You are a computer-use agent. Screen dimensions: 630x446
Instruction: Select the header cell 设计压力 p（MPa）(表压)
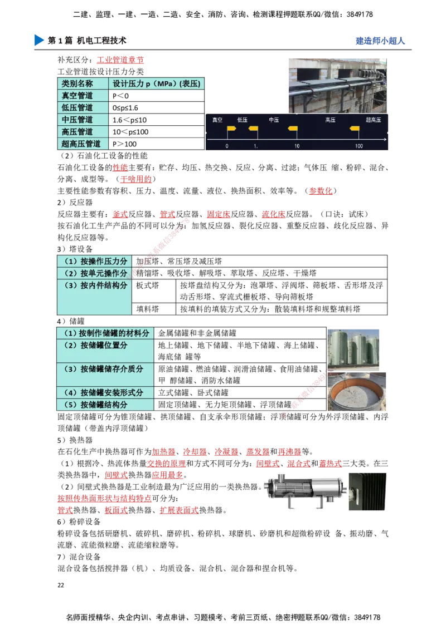click(x=157, y=83)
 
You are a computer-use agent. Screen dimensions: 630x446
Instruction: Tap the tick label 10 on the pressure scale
click(x=297, y=146)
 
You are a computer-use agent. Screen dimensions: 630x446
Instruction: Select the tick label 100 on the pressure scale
click(x=358, y=146)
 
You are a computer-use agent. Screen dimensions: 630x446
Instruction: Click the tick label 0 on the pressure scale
click(x=227, y=146)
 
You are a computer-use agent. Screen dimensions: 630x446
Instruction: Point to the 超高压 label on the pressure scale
click(x=374, y=120)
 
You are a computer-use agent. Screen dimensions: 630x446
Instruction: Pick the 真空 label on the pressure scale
click(x=217, y=120)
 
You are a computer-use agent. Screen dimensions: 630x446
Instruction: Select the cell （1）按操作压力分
click(x=95, y=261)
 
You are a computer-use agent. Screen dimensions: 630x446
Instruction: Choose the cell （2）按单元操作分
click(x=95, y=273)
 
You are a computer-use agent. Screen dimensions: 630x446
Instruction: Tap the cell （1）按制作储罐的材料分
click(x=105, y=333)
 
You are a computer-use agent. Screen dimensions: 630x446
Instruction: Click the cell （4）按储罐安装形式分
click(x=105, y=392)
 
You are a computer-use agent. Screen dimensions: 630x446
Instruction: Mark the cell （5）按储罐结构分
click(x=105, y=405)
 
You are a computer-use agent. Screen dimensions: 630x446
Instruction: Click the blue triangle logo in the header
click(x=38, y=40)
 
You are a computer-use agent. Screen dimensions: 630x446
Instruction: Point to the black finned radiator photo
click(x=368, y=491)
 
